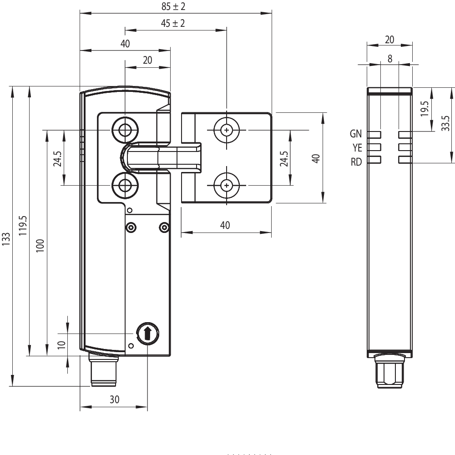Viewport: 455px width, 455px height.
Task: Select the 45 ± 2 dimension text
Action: tap(173, 24)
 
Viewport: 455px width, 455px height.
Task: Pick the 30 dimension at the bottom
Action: tap(114, 399)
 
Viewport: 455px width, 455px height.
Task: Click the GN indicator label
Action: tap(356, 134)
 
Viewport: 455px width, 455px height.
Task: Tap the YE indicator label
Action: tap(357, 147)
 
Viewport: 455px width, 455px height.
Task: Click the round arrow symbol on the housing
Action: tap(147, 334)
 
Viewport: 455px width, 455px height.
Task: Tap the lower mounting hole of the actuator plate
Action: tap(226, 185)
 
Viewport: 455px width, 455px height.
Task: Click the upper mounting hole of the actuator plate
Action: tap(226, 131)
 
